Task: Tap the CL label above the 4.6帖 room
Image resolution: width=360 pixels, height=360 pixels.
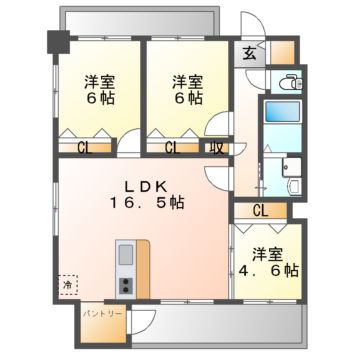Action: point(259,210)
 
